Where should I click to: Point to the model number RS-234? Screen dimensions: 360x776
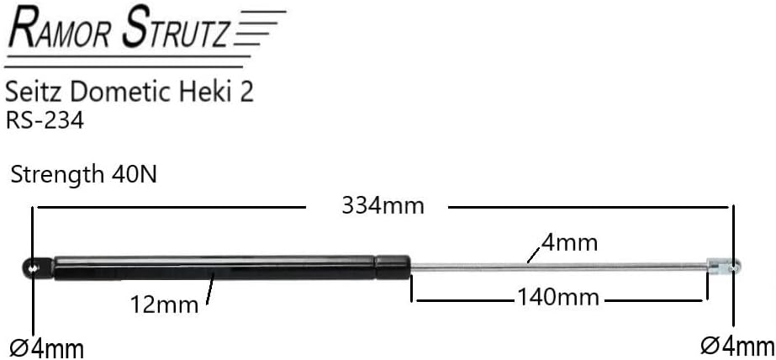point(45,120)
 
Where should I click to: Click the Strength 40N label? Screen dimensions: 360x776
point(83,175)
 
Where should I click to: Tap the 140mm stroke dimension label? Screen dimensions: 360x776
point(558,297)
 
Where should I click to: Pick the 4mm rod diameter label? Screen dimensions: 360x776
point(570,244)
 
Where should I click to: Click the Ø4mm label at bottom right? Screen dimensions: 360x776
point(736,345)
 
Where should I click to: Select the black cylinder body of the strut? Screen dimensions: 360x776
point(210,267)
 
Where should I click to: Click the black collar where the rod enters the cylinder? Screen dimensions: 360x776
point(393,266)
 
